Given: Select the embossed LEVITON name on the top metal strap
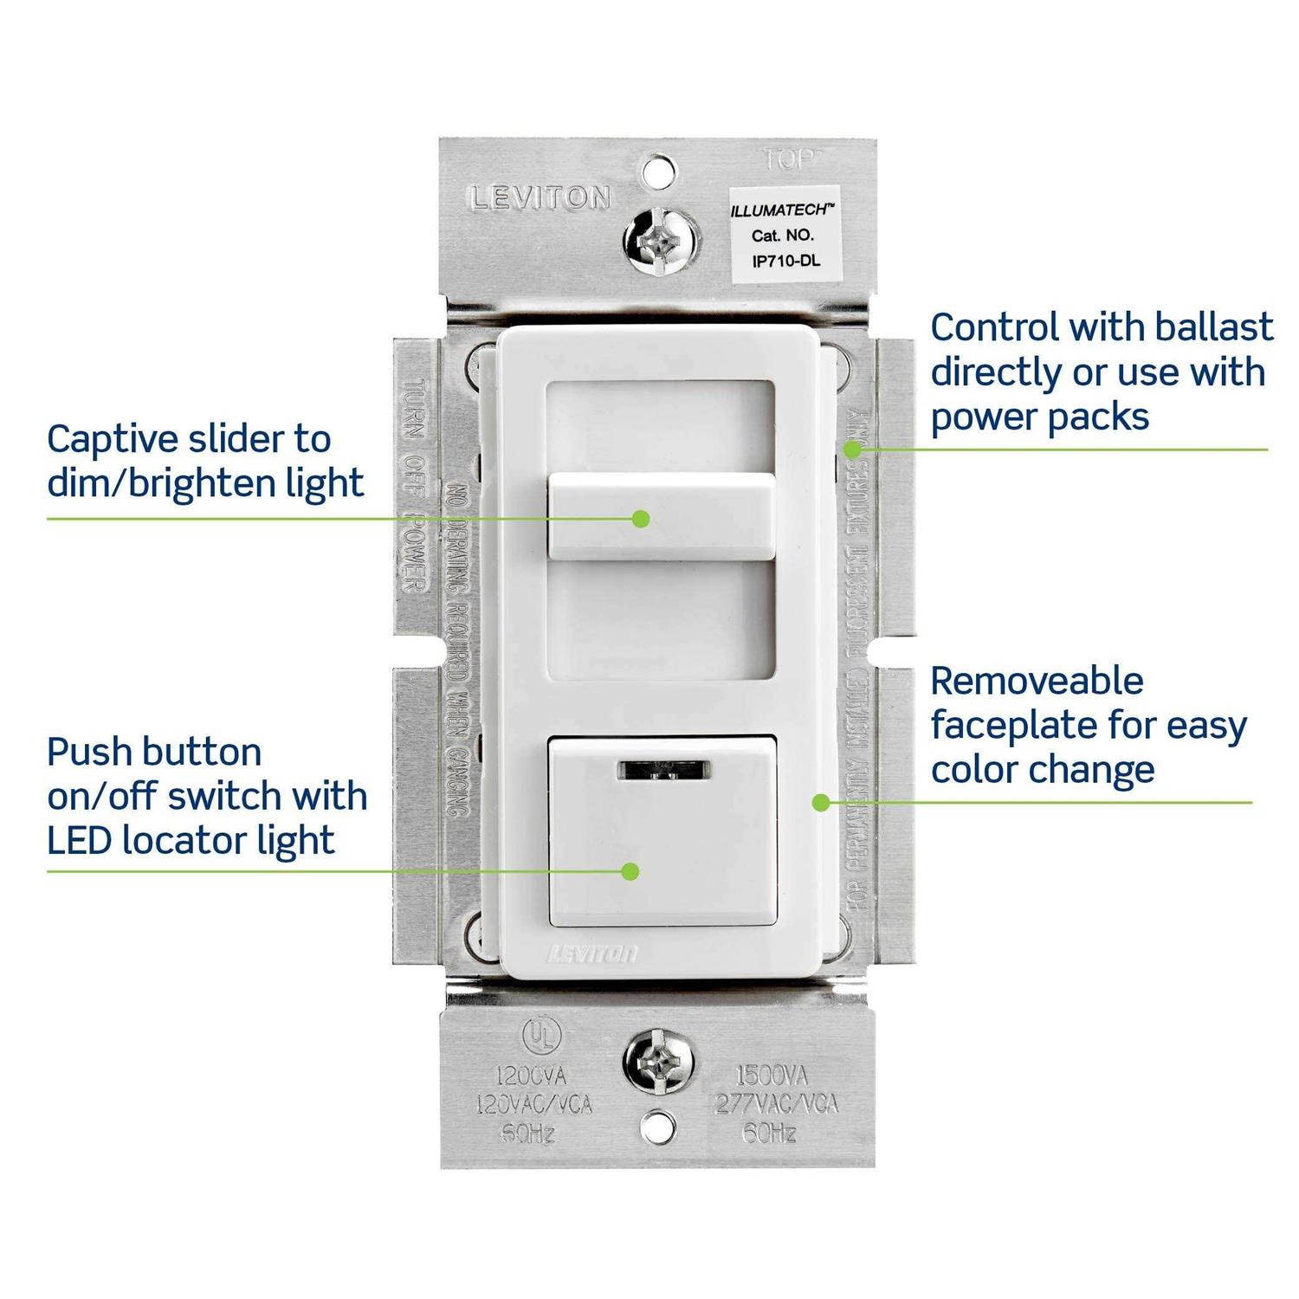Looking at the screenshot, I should [x=540, y=198].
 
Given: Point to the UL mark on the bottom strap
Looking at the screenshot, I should [x=541, y=1036].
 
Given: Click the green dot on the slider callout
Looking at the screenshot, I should [x=641, y=519].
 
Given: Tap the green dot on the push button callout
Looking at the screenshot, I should [x=630, y=871].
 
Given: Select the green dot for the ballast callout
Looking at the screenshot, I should [x=853, y=449].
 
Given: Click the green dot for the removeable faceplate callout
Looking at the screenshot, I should [x=820, y=803].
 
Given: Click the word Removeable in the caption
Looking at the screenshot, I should [x=1037, y=682].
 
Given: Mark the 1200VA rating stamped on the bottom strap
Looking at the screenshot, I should [x=530, y=1076].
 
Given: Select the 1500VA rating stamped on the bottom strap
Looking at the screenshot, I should [x=771, y=1076].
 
